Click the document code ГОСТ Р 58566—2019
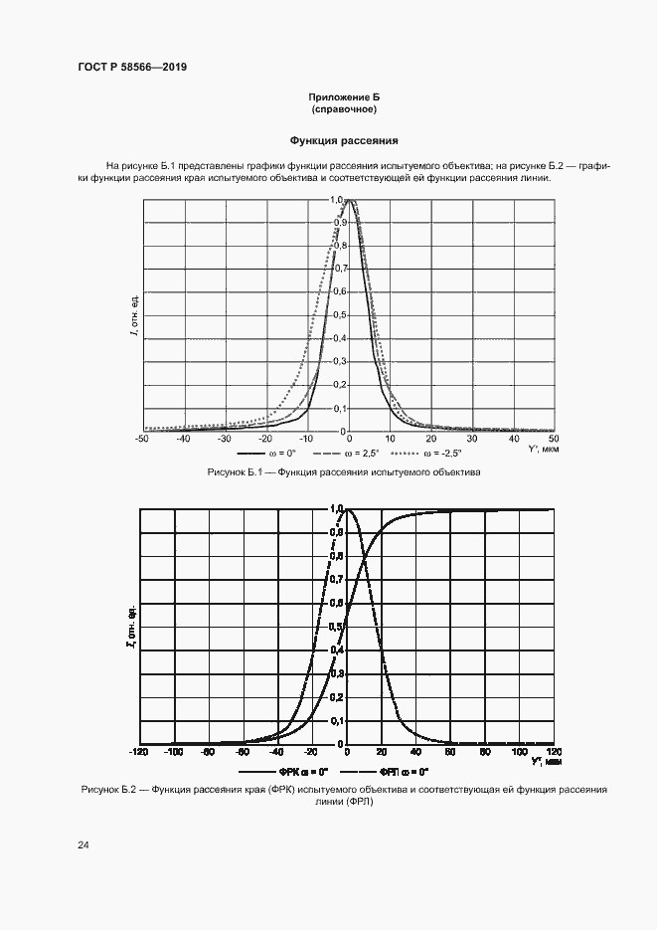point(131,67)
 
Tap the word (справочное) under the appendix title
point(344,109)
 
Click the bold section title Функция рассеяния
point(344,141)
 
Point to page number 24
point(82,844)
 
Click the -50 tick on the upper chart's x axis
point(143,438)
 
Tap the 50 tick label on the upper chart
point(553,438)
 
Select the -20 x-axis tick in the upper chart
point(265,438)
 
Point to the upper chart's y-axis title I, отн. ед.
point(133,315)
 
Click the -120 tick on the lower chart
point(140,752)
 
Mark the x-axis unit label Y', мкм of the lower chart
point(546,762)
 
